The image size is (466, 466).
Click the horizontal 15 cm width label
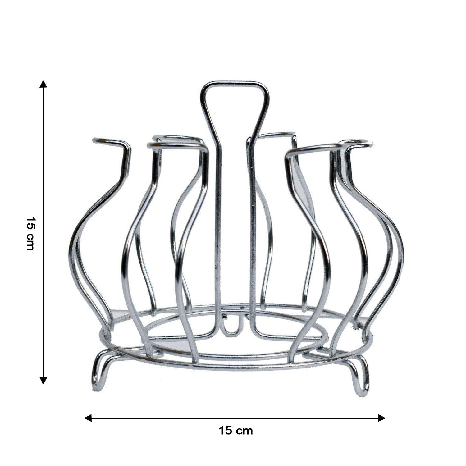click(x=235, y=431)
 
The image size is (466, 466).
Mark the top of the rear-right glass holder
click(x=276, y=135)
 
